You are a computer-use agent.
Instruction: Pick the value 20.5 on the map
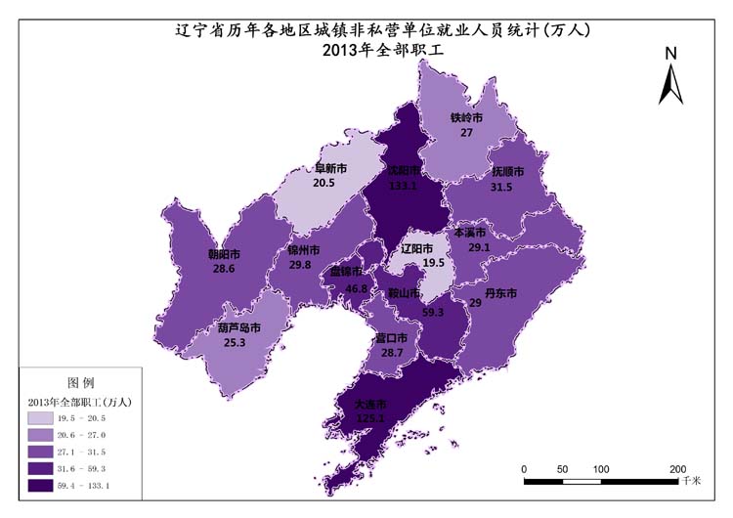[323, 183]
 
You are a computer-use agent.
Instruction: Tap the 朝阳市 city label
[224, 254]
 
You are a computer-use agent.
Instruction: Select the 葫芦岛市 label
[238, 328]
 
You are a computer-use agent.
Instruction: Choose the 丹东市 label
[500, 292]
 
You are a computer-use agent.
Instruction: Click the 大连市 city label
[369, 404]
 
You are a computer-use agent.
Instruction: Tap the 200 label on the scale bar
[677, 468]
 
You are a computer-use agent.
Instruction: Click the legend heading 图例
[80, 381]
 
